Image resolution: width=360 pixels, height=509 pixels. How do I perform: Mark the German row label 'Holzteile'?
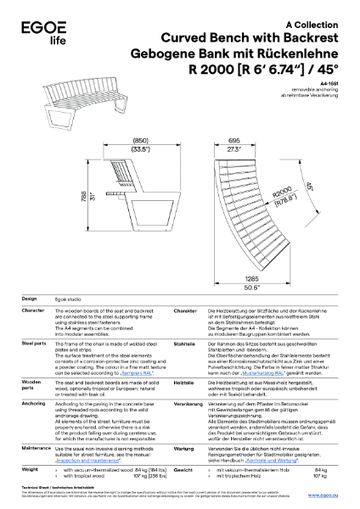pos(184,383)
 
